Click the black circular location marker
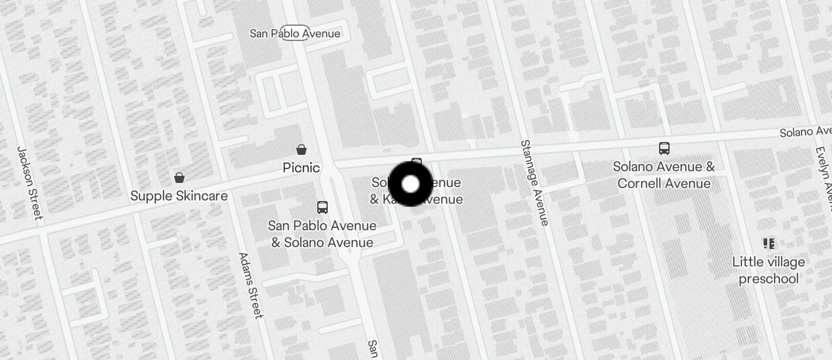point(410,184)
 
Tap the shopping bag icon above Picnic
point(301,150)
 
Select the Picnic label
point(301,168)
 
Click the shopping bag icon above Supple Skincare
point(179,178)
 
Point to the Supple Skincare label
point(179,196)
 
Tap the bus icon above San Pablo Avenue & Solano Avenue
point(322,207)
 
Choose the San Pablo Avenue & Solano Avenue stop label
point(322,234)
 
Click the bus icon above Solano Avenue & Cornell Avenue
point(664,148)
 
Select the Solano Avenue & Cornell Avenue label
point(664,175)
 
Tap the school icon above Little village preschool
point(768,243)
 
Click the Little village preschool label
point(768,270)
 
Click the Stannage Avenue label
point(535,182)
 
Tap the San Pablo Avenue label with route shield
point(295,33)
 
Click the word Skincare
point(202,196)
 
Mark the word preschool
point(768,279)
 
